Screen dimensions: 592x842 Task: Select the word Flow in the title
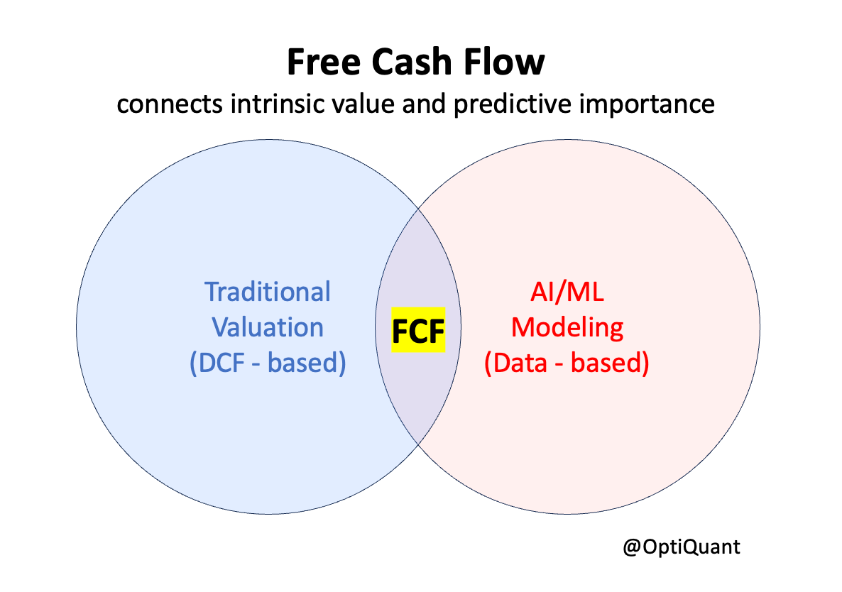[508, 62]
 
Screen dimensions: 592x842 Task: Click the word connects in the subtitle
[163, 104]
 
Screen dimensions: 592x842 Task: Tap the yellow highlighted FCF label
[418, 331]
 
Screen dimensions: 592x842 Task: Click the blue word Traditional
[268, 292]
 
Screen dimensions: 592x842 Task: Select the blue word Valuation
[268, 327]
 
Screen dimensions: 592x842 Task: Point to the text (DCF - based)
[268, 363]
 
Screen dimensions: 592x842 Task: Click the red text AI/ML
[567, 292]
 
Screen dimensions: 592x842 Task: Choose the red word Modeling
[567, 327]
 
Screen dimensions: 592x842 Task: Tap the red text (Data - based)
[567, 363]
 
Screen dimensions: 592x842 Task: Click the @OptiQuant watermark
[680, 547]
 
